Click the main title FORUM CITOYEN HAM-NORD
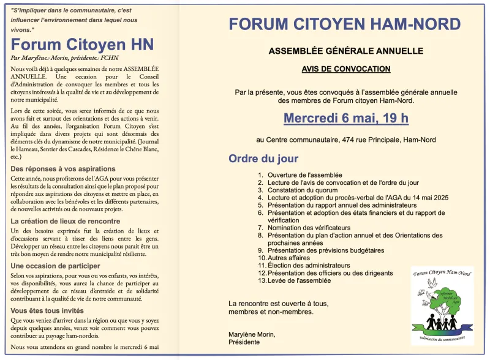(344, 24)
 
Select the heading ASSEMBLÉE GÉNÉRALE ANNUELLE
(346, 51)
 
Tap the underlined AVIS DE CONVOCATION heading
(345, 69)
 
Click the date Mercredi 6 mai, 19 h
(345, 118)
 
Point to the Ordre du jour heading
(263, 159)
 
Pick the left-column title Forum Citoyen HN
(82, 45)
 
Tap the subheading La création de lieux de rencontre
(66, 221)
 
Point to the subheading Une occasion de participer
(55, 266)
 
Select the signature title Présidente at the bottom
(243, 343)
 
